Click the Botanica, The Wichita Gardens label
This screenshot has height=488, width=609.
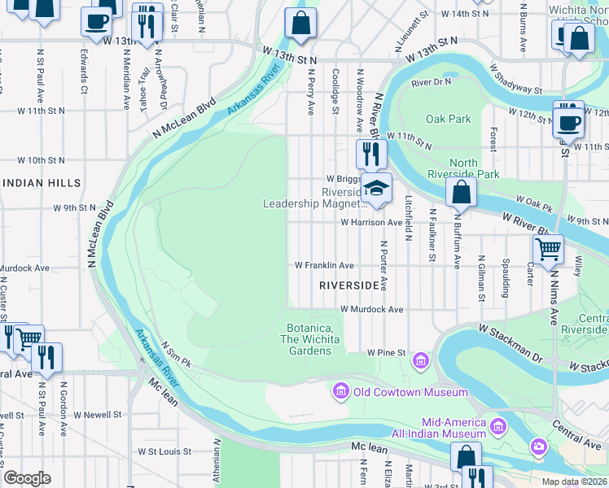coord(309,339)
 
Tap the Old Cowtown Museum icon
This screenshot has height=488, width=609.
coord(340,393)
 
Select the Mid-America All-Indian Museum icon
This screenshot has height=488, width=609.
coord(498,425)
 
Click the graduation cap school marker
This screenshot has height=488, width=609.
coord(376,189)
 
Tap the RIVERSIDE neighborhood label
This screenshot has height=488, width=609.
coord(350,285)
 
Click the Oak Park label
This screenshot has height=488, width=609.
coord(448,119)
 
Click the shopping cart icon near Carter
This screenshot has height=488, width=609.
coord(548,248)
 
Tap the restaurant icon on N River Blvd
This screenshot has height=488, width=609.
coord(370,153)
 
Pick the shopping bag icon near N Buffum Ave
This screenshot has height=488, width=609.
coord(461,193)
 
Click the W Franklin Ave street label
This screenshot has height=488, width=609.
coord(324,265)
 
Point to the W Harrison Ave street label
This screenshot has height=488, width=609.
coord(371,222)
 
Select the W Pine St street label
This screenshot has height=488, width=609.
coord(386,353)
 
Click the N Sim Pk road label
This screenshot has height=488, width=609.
coord(175,354)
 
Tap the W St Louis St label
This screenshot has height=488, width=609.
coord(164,451)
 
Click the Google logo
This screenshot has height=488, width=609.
coord(27,478)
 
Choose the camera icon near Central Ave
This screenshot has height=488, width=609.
coord(538,446)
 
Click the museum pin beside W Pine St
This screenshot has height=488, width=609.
coord(420,359)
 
